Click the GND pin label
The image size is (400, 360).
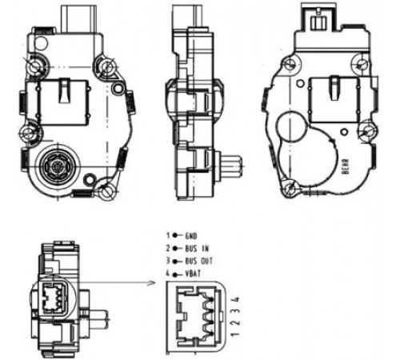[191, 236]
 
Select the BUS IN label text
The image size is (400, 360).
[197, 249]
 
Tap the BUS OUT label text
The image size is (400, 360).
[199, 261]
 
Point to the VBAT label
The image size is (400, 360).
[193, 274]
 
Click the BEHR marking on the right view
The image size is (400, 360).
[346, 166]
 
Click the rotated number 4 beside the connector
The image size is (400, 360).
[236, 299]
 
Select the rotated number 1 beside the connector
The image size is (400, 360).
[235, 334]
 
